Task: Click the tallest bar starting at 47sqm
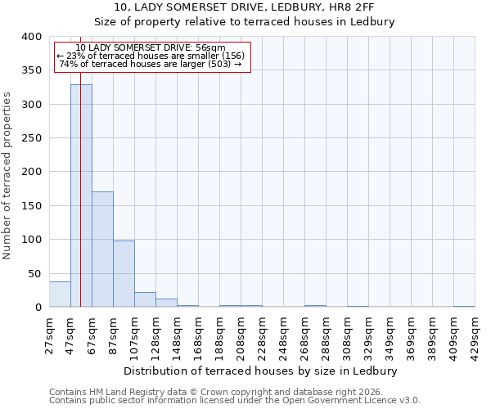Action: point(81,196)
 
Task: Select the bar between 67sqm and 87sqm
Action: point(102,249)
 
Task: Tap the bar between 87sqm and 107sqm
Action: point(124,274)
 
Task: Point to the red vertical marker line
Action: point(80,164)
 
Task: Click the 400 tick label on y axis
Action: point(32,37)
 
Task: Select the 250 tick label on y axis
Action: point(32,138)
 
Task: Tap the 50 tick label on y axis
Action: point(35,273)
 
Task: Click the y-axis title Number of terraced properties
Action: point(8,175)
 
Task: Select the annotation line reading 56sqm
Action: point(151,47)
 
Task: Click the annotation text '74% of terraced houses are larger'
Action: point(151,64)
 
